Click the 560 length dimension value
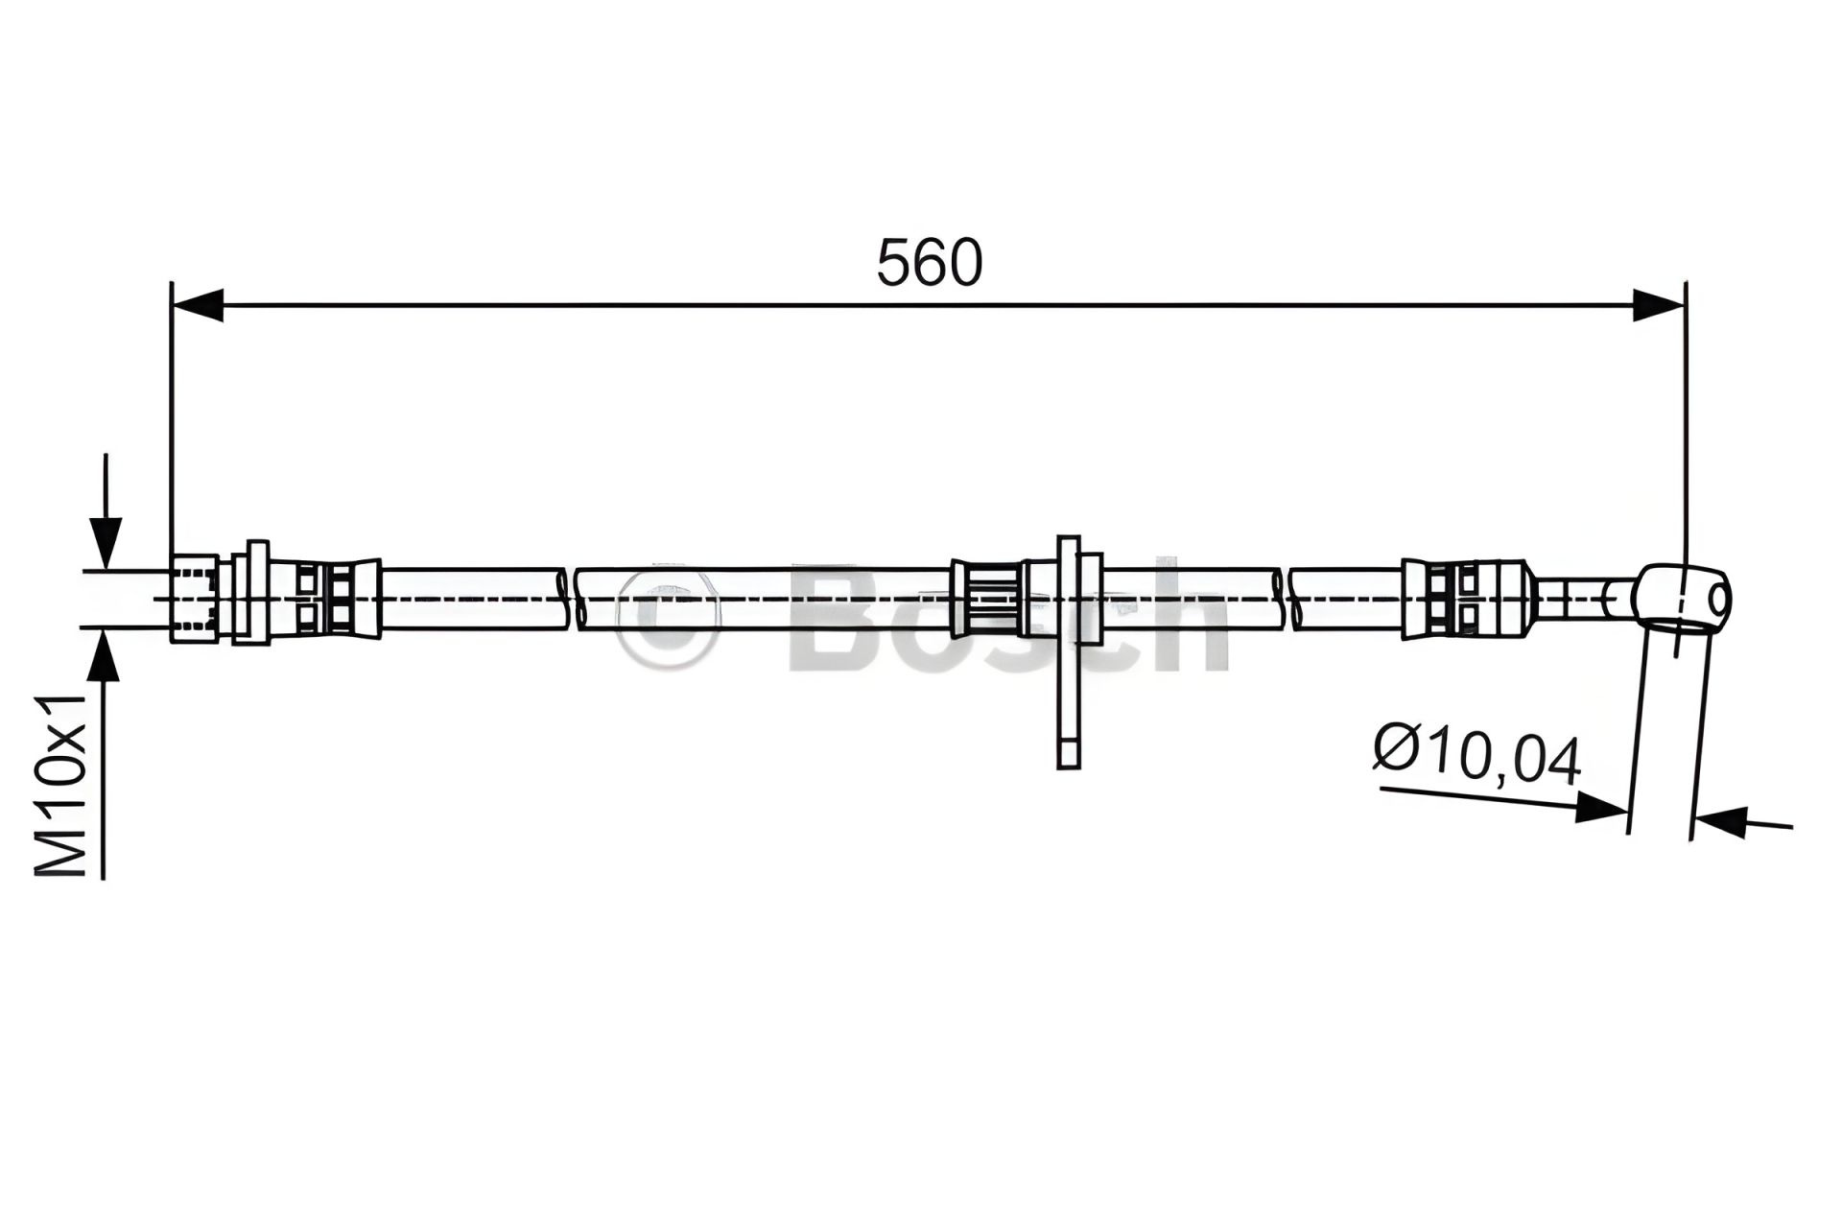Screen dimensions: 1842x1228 930,262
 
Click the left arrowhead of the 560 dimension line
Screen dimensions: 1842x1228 197,305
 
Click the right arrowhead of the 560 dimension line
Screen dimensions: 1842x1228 1660,305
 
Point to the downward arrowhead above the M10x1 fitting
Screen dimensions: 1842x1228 106,543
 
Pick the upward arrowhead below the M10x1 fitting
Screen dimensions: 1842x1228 106,656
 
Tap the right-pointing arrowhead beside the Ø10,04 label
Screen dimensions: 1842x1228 1601,806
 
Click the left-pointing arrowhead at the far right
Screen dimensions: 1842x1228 1720,820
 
